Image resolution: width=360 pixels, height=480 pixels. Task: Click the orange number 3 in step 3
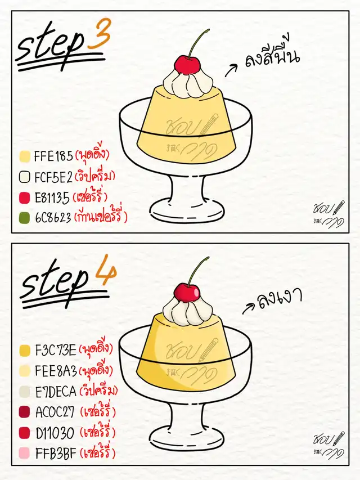click(98, 34)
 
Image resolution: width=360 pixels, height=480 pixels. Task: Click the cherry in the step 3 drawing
click(187, 65)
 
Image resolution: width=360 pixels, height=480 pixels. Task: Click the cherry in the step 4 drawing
click(187, 293)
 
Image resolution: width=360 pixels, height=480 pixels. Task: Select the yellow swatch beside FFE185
click(25, 156)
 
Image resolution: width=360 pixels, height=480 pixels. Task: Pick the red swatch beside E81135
click(25, 198)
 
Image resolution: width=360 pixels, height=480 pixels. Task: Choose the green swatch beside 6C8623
click(25, 218)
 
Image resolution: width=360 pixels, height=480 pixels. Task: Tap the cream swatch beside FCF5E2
click(25, 177)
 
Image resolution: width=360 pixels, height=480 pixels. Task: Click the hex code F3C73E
click(56, 351)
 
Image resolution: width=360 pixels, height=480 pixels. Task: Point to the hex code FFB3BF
click(56, 453)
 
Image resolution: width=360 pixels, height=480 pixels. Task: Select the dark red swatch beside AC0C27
click(25, 412)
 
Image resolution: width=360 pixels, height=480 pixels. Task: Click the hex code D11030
click(55, 433)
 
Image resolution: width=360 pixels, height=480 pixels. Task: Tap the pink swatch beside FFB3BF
click(25, 453)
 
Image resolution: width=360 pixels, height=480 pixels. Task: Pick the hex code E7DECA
click(56, 392)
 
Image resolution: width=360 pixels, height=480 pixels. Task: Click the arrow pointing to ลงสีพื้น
click(231, 70)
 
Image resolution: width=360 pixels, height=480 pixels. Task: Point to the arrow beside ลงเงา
click(249, 308)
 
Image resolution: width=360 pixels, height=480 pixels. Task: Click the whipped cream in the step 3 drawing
click(187, 84)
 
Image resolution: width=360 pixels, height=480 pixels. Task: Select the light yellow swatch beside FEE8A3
click(25, 371)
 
